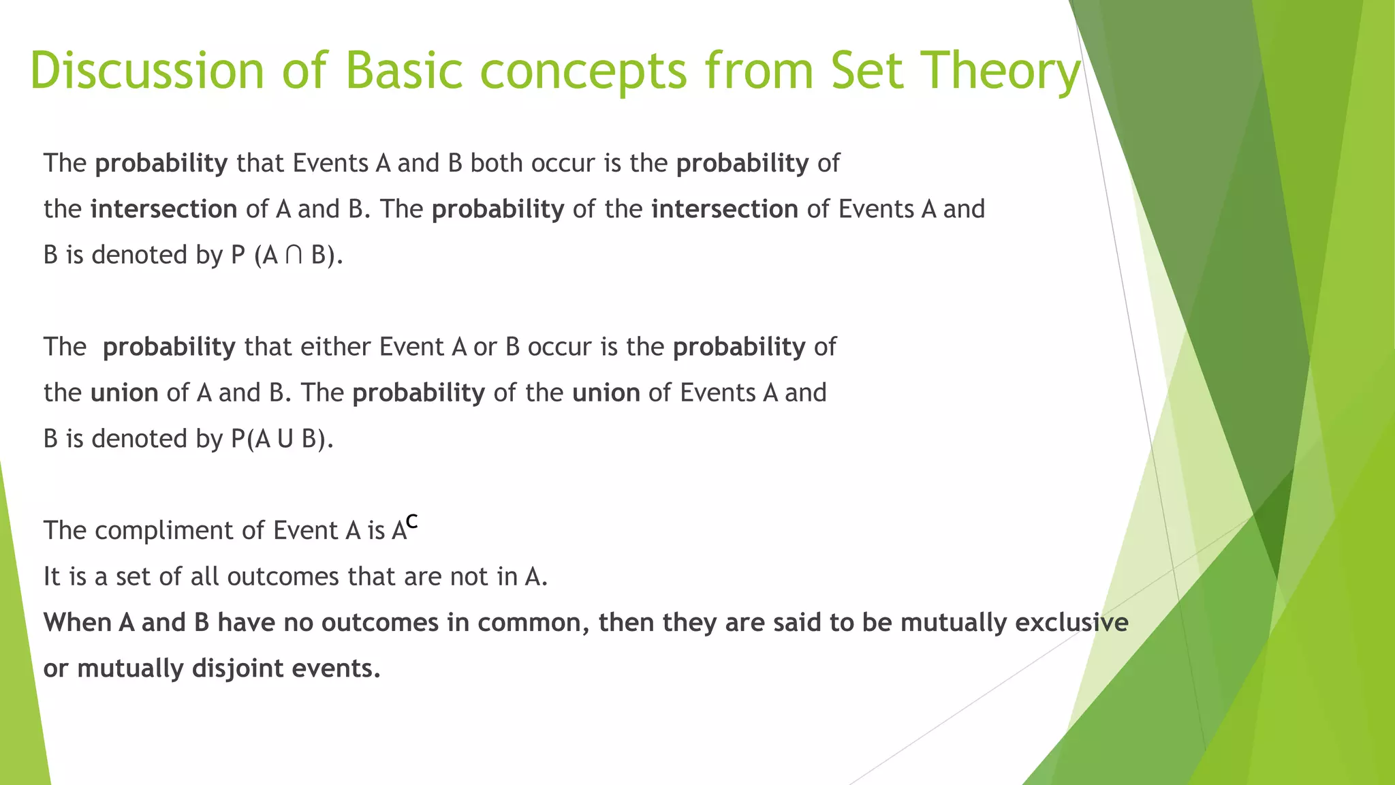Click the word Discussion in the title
coord(146,70)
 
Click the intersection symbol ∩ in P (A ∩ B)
coord(294,255)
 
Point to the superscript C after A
coord(411,522)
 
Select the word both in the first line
coord(497,164)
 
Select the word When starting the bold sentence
coord(77,622)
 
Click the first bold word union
coord(124,393)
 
